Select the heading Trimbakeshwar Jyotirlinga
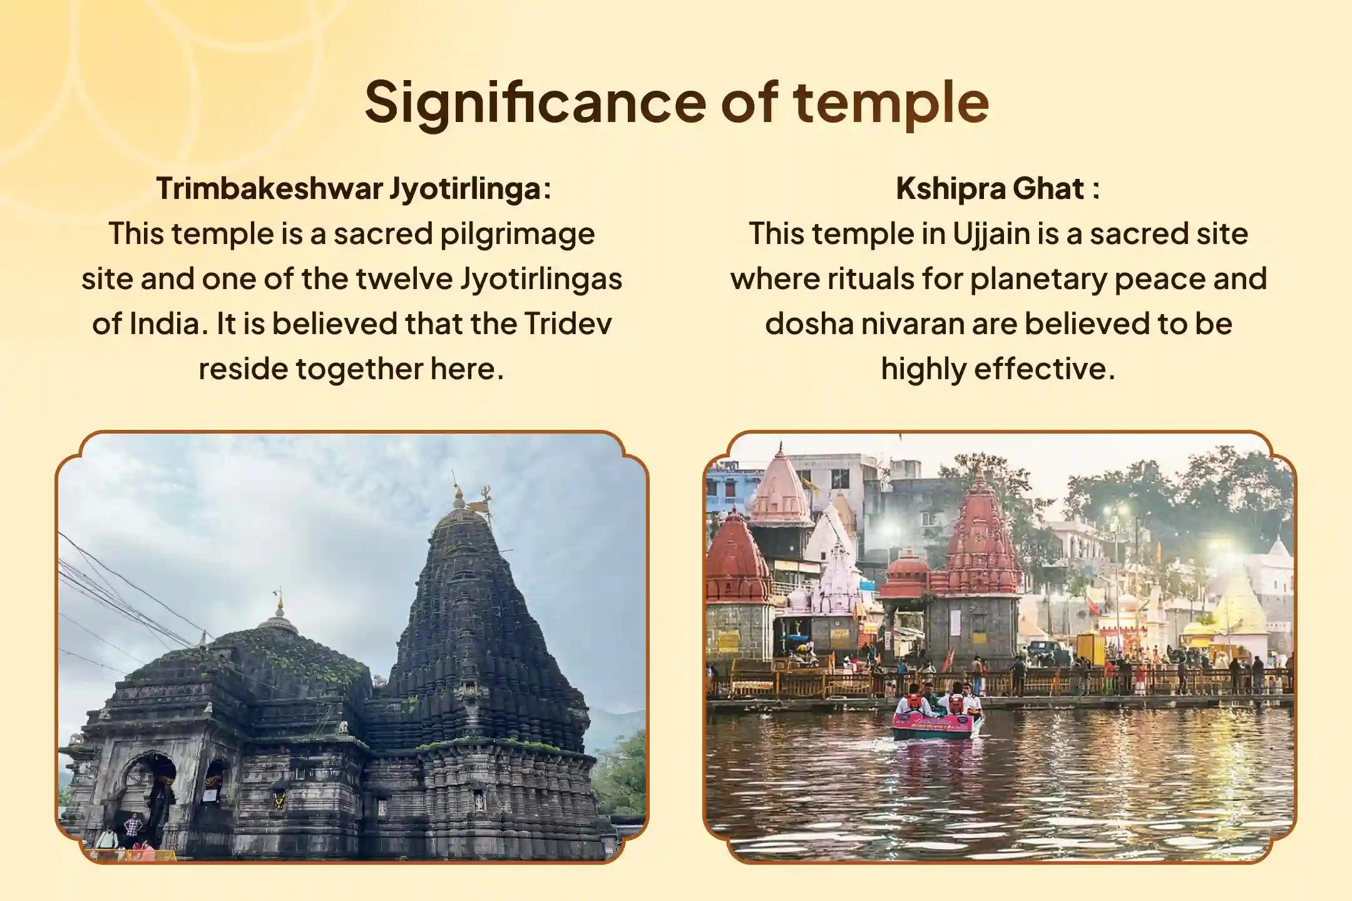click(354, 189)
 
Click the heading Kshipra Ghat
click(998, 188)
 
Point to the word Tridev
click(568, 323)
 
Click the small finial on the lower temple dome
click(280, 604)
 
